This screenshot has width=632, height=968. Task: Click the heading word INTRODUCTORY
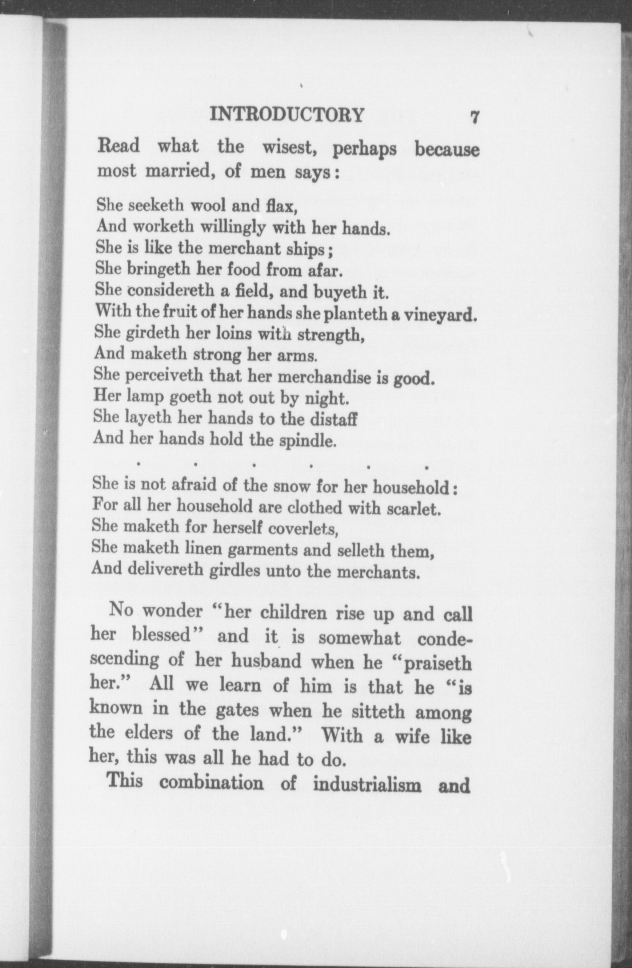(x=287, y=115)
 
